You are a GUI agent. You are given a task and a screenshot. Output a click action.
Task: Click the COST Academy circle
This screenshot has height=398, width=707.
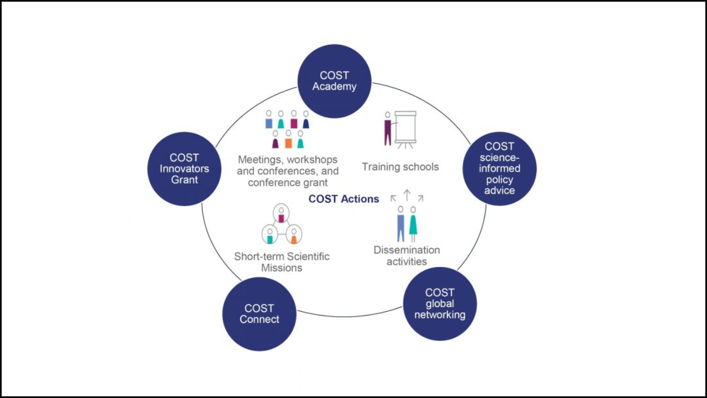[x=335, y=81]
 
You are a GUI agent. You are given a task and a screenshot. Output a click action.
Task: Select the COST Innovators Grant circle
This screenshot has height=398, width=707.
[x=184, y=169]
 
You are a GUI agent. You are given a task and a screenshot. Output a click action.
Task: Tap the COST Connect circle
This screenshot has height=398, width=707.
[x=260, y=313]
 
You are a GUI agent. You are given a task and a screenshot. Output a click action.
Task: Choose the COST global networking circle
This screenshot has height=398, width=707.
[x=440, y=303]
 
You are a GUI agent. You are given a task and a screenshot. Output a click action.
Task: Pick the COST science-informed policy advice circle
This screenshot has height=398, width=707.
[x=499, y=169]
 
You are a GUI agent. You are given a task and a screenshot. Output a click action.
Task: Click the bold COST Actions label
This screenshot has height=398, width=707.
[x=344, y=199]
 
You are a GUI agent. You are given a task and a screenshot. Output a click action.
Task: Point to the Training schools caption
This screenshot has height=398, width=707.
[x=400, y=166]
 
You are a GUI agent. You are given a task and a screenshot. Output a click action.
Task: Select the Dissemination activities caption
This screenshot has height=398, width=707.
[x=407, y=255]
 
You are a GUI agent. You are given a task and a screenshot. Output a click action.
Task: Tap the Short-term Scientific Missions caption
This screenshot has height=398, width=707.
[x=282, y=262]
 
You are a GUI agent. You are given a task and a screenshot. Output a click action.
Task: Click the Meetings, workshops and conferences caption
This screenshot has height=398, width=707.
[x=288, y=171]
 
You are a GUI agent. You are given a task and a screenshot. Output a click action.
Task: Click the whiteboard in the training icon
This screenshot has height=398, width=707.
[x=406, y=128]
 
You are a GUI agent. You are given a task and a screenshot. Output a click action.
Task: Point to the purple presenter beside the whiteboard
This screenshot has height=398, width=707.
[x=388, y=129]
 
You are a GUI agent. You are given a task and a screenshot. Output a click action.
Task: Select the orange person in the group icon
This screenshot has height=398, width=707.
[x=288, y=140]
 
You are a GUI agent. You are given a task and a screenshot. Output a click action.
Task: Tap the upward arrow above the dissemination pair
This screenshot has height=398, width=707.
[x=407, y=195]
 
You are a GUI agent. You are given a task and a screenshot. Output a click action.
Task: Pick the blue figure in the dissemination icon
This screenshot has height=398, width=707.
[x=401, y=225]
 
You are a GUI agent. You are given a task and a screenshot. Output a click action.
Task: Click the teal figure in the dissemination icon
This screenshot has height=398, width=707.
[x=413, y=225]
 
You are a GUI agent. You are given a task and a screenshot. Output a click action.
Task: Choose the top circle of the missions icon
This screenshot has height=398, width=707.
[x=282, y=213]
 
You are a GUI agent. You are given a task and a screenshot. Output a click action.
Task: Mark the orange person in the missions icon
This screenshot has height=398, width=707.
[x=294, y=236]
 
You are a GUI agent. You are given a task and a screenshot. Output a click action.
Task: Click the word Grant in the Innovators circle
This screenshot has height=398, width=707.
[x=184, y=180]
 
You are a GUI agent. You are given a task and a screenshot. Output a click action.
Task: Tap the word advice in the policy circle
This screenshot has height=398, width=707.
[x=499, y=191]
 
